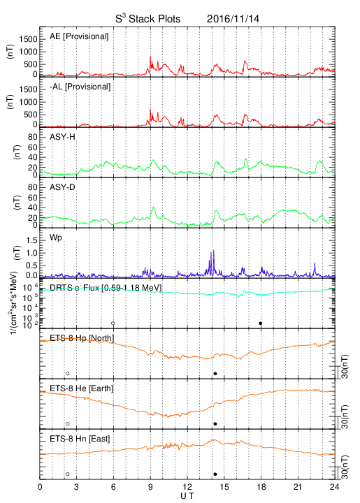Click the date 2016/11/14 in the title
(233, 19)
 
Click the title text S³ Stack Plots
(148, 18)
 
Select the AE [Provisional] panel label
(79, 36)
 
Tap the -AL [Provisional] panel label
(80, 87)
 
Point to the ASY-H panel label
(62, 137)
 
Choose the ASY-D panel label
(62, 187)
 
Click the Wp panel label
(56, 238)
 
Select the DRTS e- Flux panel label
(106, 288)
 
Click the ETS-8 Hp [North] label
(82, 338)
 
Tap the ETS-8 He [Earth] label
(82, 388)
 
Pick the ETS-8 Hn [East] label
(80, 439)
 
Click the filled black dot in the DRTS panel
(261, 323)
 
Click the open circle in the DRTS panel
(113, 323)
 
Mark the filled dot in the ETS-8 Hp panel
(215, 373)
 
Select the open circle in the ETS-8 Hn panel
(68, 474)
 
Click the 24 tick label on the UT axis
(335, 487)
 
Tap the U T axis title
(187, 496)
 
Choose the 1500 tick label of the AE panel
(29, 39)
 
